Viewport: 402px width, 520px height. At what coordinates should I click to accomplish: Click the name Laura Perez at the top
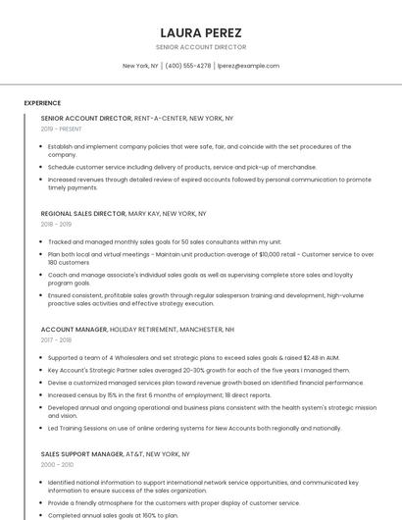(200, 31)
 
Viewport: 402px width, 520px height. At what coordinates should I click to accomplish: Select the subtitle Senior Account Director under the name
(200, 47)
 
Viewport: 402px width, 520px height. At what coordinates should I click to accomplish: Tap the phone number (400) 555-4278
(187, 66)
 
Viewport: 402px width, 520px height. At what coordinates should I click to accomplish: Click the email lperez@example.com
(248, 66)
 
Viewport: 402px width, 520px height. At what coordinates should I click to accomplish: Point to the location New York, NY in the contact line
(140, 66)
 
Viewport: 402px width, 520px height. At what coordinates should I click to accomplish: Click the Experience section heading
(42, 103)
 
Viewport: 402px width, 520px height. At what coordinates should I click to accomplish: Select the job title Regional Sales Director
(83, 213)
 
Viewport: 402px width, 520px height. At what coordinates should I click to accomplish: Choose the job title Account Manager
(74, 330)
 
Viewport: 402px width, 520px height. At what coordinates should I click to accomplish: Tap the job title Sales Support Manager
(81, 454)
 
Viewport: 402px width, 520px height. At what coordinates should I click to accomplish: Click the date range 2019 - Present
(61, 129)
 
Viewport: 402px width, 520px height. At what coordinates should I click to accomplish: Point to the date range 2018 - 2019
(57, 224)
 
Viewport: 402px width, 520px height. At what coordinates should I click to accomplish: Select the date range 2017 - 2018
(57, 340)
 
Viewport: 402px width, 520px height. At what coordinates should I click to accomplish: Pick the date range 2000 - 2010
(57, 465)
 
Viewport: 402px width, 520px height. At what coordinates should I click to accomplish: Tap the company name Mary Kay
(143, 213)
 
